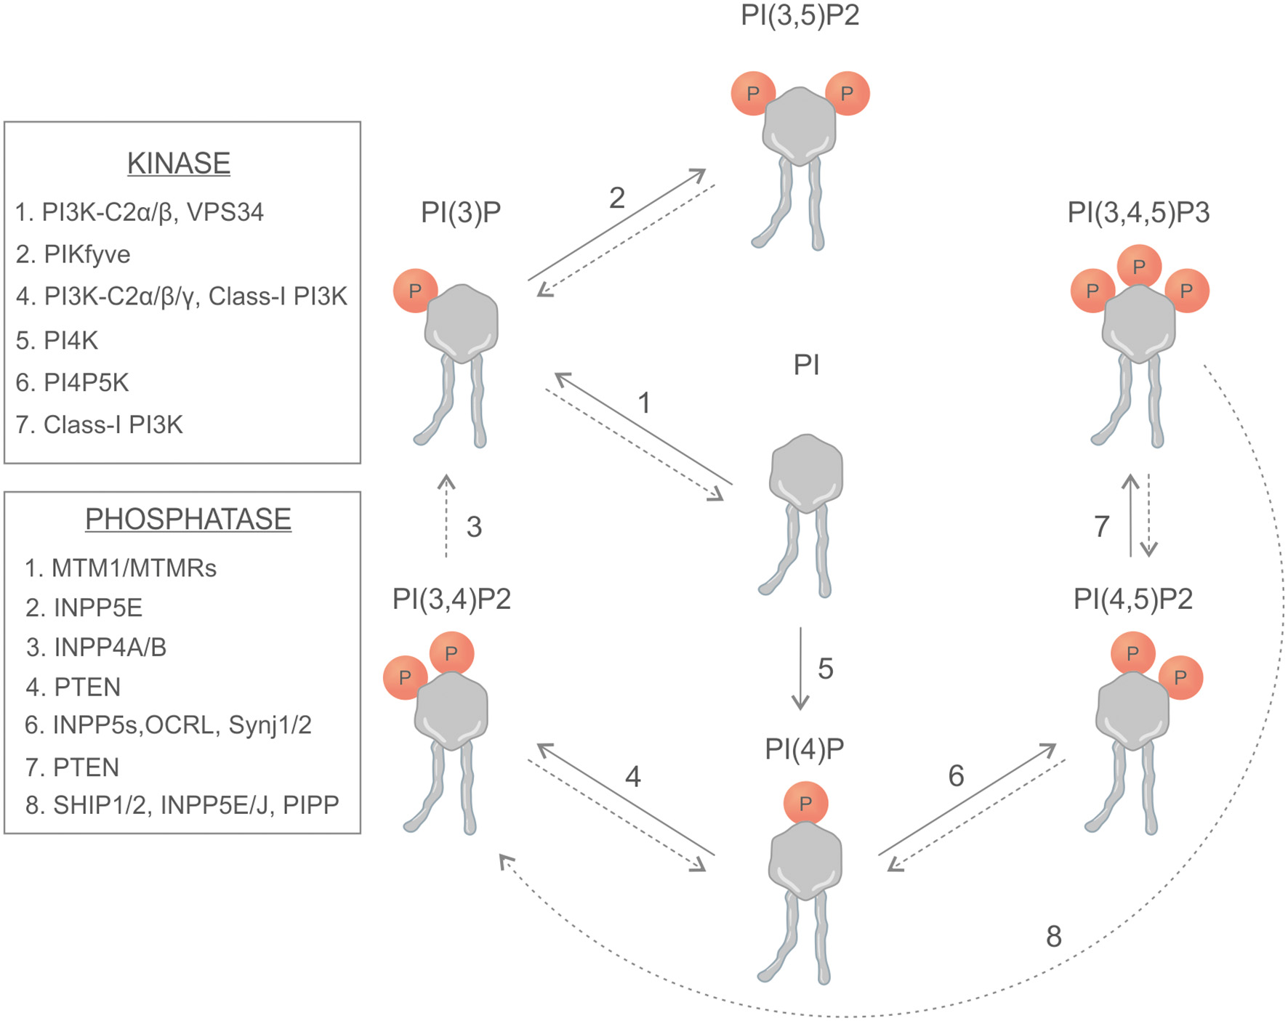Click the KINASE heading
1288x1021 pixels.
pyautogui.click(x=179, y=164)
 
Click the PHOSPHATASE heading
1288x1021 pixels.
pyautogui.click(x=188, y=520)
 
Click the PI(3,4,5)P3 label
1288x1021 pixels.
pyautogui.click(x=1138, y=212)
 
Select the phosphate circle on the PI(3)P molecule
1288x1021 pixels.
pyautogui.click(x=415, y=291)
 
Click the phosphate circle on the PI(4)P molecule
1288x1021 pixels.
pyautogui.click(x=805, y=803)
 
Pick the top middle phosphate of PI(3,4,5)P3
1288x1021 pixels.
pyautogui.click(x=1139, y=266)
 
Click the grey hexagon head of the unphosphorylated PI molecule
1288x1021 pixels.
pyautogui.click(x=806, y=472)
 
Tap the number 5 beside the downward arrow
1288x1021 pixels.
pyautogui.click(x=825, y=669)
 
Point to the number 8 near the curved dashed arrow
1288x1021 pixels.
pyautogui.click(x=1053, y=936)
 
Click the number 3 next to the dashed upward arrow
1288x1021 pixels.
pyautogui.click(x=474, y=527)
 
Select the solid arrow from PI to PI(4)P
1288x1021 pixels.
pyautogui.click(x=800, y=669)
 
